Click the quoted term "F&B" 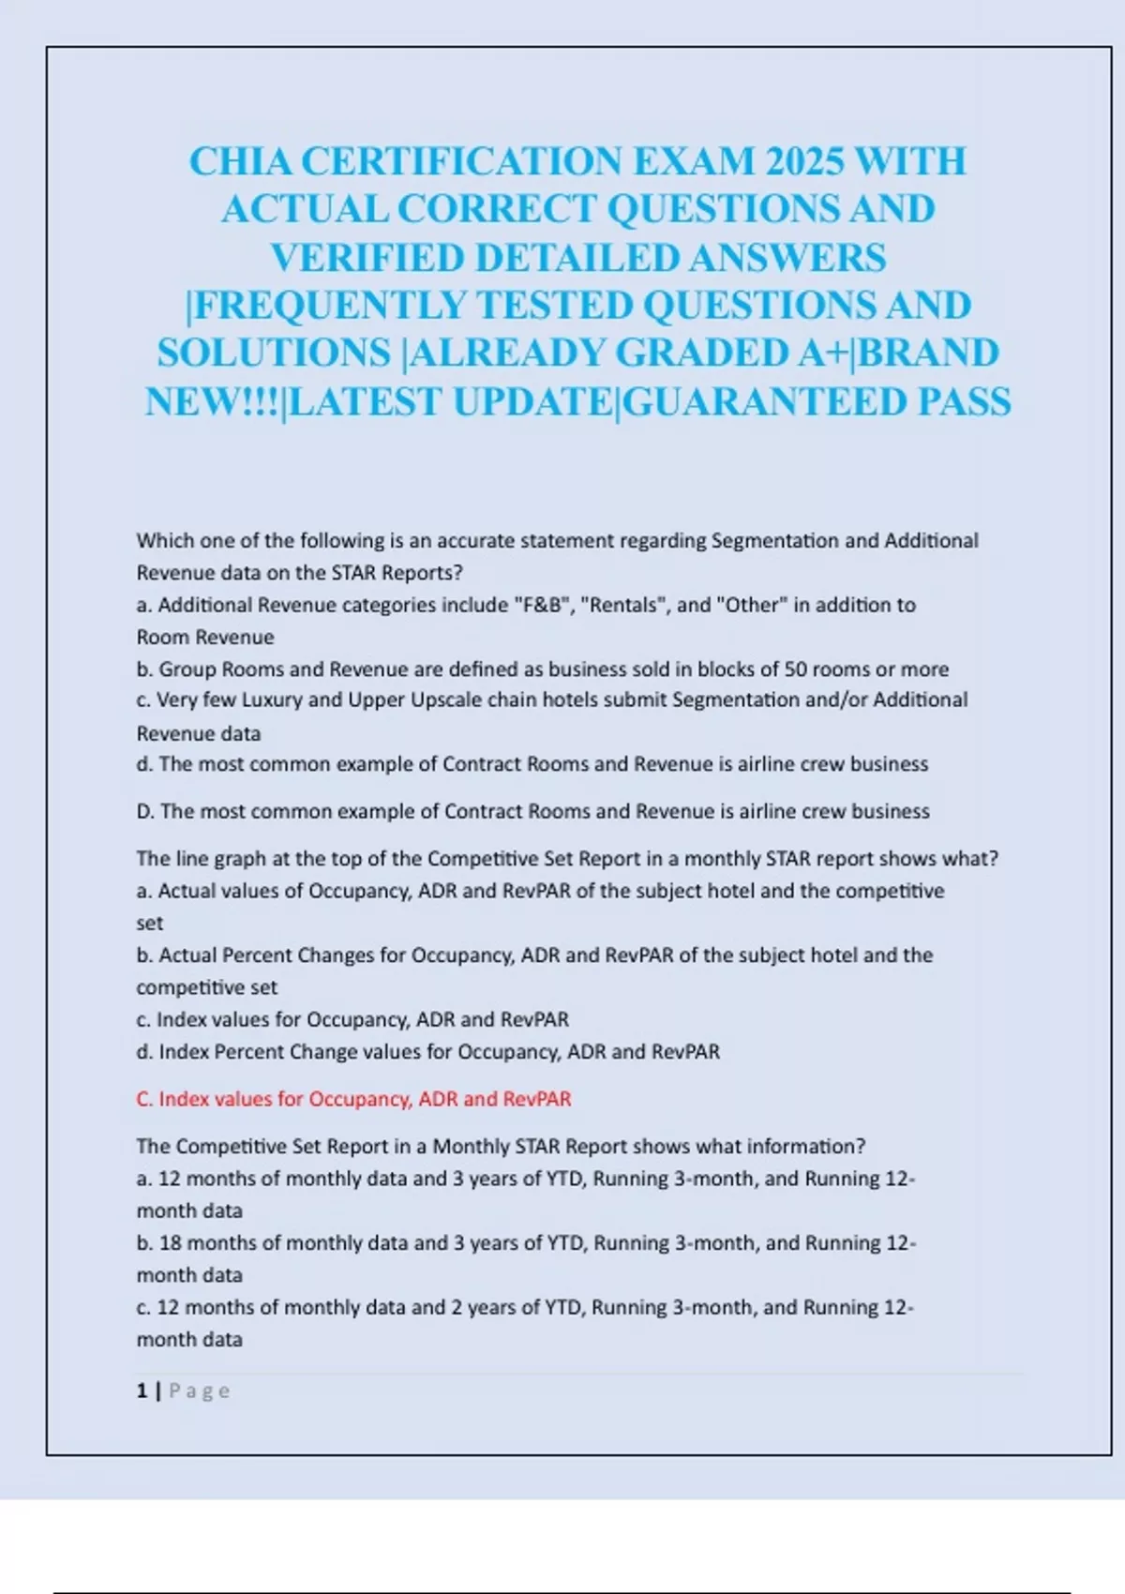[542, 605]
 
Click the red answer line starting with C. [353, 1099]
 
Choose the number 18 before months [170, 1242]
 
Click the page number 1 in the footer [142, 1391]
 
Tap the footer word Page [199, 1391]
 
